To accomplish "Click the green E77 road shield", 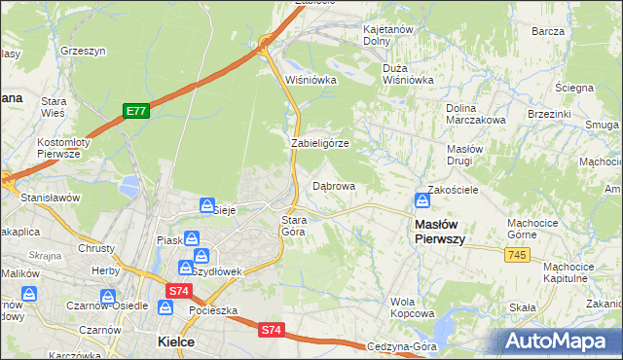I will tap(135, 112).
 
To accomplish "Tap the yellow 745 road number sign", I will tap(517, 254).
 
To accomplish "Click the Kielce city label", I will tap(175, 342).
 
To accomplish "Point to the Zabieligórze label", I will tap(319, 143).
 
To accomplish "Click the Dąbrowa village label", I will tap(333, 185).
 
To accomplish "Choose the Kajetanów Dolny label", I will tap(390, 35).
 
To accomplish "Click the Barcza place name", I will tap(548, 30).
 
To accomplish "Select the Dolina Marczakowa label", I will tap(474, 114).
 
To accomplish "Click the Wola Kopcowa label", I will tap(411, 307).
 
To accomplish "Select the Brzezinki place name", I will tap(548, 113).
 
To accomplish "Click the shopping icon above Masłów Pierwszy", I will tap(422, 200).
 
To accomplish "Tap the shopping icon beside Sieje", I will tap(207, 205).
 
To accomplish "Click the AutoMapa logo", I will tap(559, 341).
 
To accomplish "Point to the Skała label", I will tap(523, 307).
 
